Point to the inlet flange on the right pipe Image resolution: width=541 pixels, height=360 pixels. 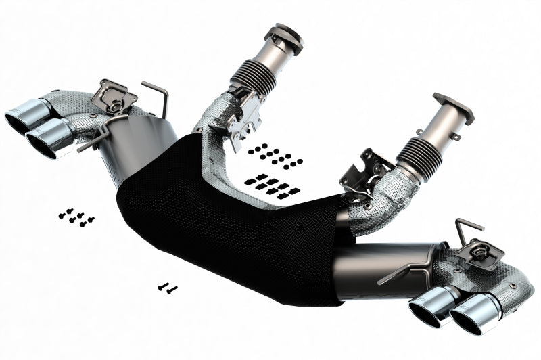tap(452, 106)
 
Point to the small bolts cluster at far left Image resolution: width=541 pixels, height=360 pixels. tap(76, 217)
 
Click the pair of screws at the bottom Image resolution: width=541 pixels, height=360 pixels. tap(166, 288)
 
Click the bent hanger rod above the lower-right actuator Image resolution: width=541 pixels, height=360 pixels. tap(468, 226)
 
